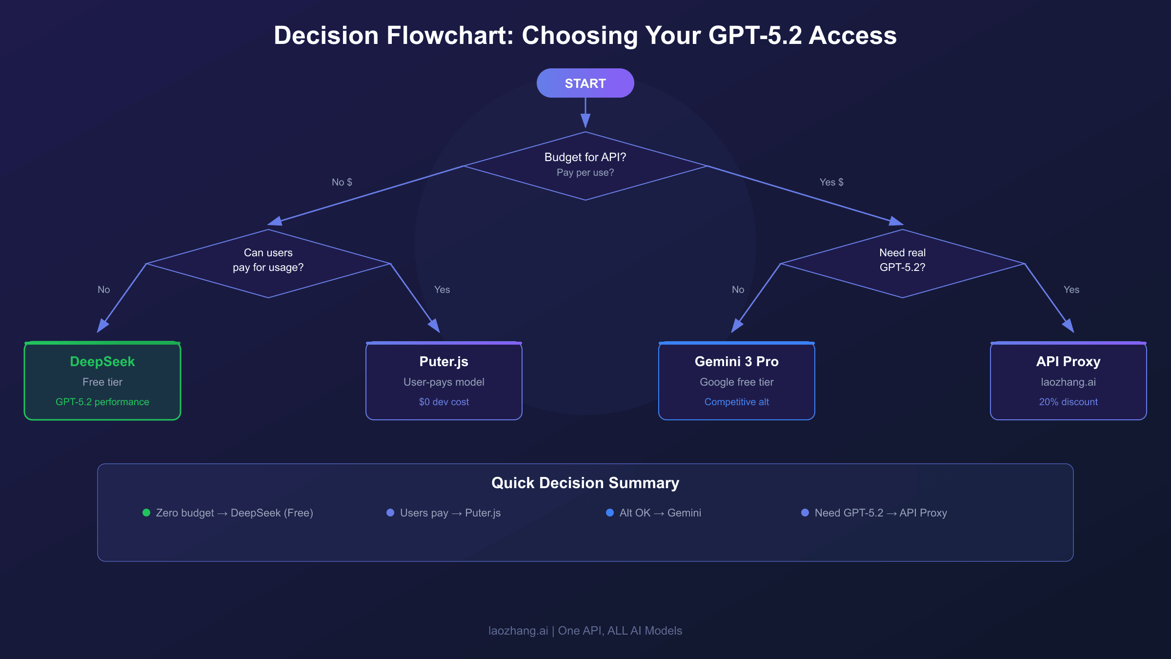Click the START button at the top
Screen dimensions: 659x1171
(585, 83)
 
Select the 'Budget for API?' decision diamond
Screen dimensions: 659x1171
(585, 165)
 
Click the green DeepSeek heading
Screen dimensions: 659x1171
(102, 361)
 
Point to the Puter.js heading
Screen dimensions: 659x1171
(444, 361)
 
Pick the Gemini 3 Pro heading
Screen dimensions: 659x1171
(736, 361)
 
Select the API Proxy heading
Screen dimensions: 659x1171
(1068, 361)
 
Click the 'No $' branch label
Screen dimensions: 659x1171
(342, 182)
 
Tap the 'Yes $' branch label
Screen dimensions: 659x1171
(831, 182)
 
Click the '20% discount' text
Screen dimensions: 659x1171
(1068, 402)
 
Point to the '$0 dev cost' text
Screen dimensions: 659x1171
(444, 402)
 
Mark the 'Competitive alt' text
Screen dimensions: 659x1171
(736, 402)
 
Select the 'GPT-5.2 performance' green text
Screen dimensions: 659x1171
(102, 402)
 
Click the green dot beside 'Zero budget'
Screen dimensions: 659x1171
(146, 513)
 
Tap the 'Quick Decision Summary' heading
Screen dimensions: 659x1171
(585, 483)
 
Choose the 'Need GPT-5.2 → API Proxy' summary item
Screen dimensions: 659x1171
(880, 513)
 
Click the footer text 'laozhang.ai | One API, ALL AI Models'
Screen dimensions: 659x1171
(585, 631)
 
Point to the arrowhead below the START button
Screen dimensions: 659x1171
(585, 121)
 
